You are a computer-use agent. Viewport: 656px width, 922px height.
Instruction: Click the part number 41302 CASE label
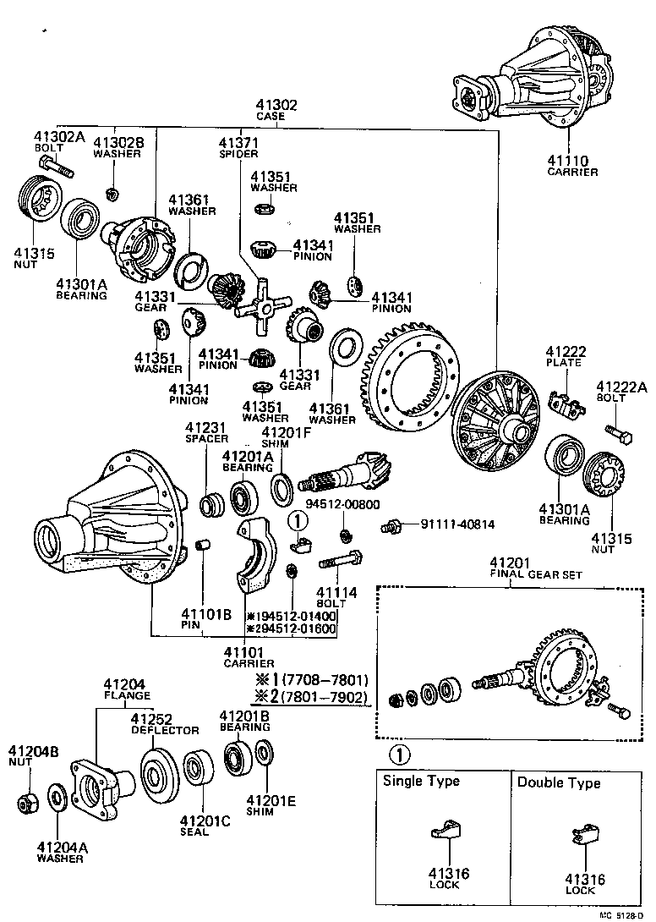276,111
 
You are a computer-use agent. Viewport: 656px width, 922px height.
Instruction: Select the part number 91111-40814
456,525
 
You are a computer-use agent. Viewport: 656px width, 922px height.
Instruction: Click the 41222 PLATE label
565,356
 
